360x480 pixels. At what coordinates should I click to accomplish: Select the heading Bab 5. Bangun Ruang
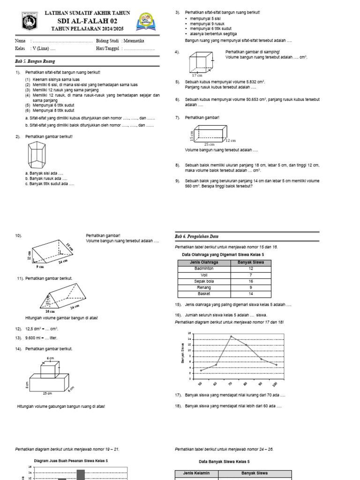click(32, 61)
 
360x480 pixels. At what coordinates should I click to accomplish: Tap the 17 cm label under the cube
click(197, 75)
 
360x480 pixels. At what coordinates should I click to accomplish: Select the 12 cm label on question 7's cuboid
click(230, 140)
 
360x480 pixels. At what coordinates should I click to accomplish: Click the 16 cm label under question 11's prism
click(50, 311)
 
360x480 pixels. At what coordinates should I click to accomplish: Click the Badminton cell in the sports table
click(204, 269)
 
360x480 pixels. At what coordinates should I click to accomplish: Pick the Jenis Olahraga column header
click(204, 262)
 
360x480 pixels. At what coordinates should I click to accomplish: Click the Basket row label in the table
click(204, 293)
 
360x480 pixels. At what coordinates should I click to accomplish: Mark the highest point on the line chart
click(231, 336)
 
